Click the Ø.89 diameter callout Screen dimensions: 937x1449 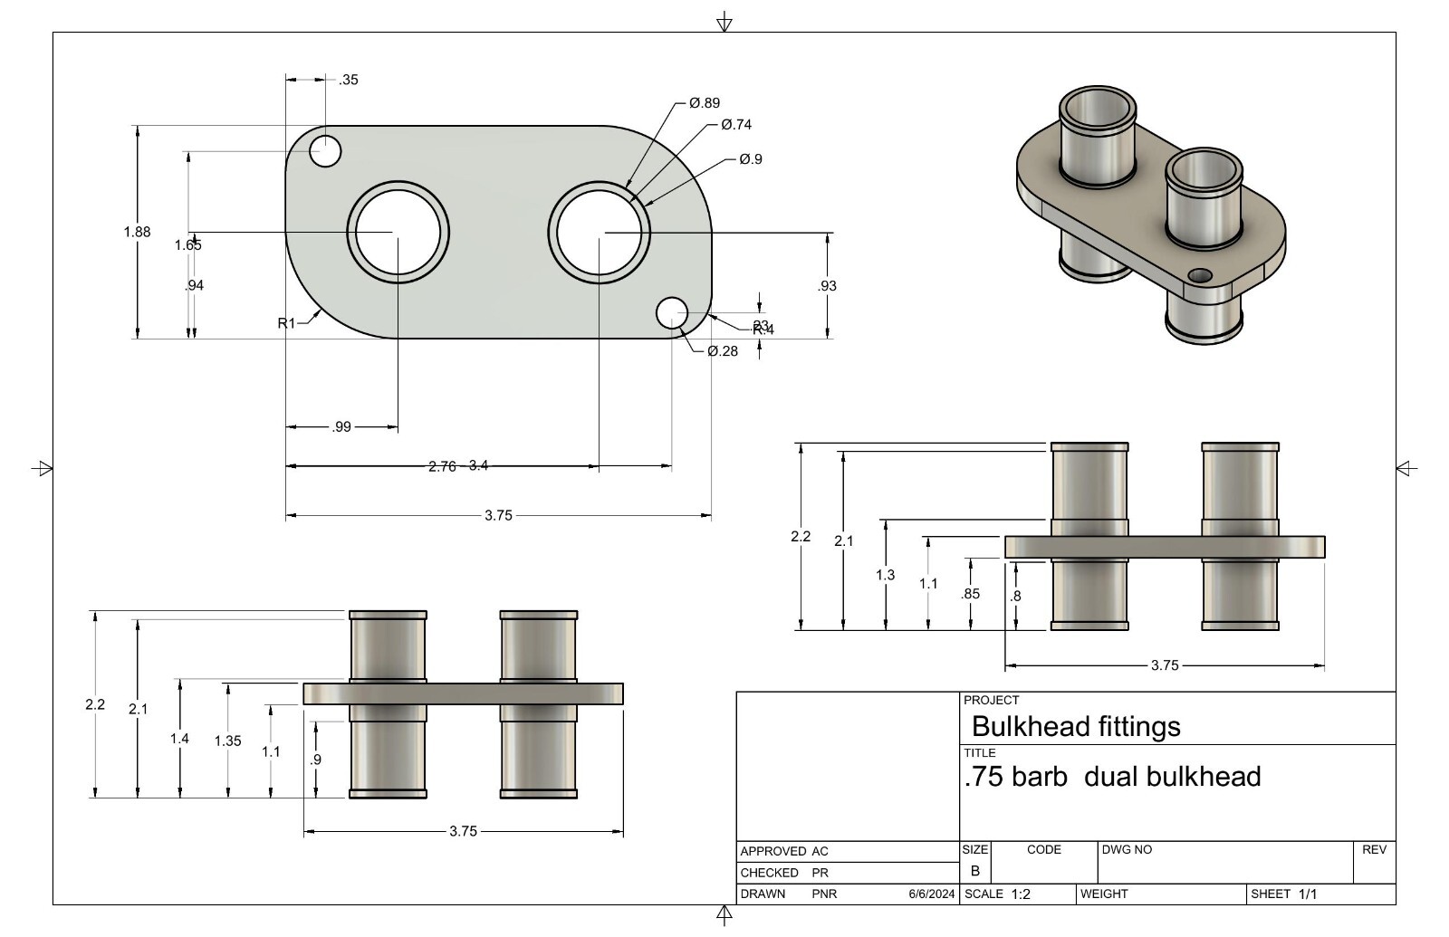705,103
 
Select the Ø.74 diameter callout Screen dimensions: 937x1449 736,125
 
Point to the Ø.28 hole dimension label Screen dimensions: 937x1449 723,351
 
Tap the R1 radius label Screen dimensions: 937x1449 286,323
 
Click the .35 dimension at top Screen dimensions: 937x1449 349,80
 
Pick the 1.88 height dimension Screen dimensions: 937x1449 137,232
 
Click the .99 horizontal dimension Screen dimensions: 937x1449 341,427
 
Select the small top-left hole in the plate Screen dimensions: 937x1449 325,151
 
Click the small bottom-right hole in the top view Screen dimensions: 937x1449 671,312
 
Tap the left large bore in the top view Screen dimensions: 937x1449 398,233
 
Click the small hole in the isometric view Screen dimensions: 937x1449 1200,275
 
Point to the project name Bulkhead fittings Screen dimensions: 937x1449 1076,727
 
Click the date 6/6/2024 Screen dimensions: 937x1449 931,894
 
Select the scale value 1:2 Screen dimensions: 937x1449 1021,894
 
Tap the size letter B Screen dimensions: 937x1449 975,871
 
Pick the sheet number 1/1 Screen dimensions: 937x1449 1308,894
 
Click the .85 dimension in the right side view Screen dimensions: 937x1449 970,595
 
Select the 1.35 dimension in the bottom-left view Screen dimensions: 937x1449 227,741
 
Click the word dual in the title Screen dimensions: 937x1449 1110,777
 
